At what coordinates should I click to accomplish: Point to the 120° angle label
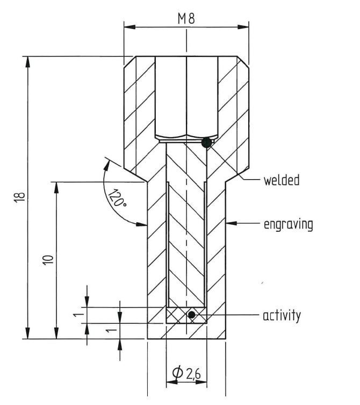[116, 197]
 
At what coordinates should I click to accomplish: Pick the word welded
[281, 180]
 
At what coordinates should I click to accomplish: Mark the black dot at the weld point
[206, 143]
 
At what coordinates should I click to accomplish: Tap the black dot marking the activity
[191, 315]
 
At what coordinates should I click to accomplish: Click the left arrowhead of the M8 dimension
[128, 27]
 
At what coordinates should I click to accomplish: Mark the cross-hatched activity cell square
[186, 315]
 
